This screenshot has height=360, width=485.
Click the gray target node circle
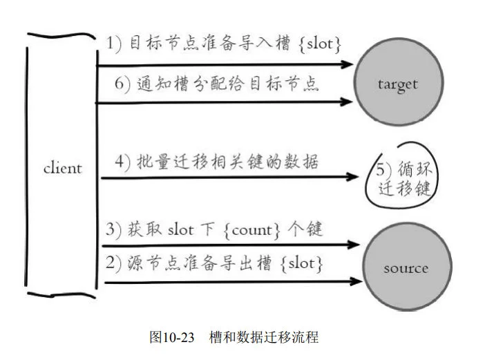(398, 84)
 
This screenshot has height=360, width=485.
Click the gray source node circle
(406, 267)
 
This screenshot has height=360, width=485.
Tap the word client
(62, 168)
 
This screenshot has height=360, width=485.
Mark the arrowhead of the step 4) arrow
(353, 178)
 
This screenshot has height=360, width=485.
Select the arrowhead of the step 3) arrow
(355, 245)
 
